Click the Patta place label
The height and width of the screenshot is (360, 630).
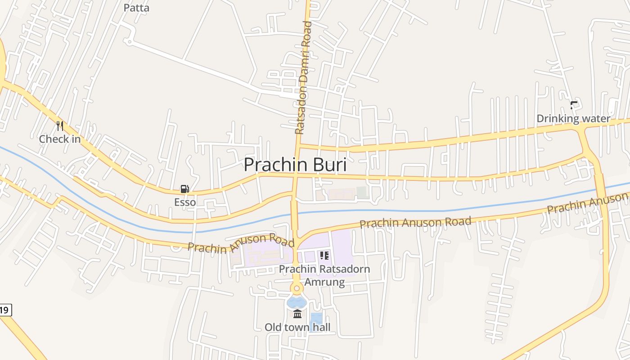[136, 8]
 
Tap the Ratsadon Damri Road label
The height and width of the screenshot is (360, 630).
[303, 77]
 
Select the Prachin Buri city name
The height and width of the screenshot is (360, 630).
[295, 165]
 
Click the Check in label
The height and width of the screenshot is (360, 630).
[60, 139]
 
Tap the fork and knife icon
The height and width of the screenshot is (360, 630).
[60, 126]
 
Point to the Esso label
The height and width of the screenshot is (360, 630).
[185, 202]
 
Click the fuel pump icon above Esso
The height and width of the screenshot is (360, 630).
[184, 189]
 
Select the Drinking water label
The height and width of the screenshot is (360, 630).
[573, 119]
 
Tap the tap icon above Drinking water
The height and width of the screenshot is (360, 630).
[574, 106]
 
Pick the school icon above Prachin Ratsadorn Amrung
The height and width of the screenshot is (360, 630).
[324, 256]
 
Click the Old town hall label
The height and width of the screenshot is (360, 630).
[297, 327]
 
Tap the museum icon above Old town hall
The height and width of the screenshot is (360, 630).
[297, 314]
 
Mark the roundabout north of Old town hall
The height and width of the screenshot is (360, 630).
[296, 288]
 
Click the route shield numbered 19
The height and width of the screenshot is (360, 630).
[4, 310]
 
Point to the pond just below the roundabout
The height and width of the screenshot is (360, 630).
[296, 302]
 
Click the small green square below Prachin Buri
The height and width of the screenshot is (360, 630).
[362, 193]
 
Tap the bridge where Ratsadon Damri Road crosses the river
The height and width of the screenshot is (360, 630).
[294, 211]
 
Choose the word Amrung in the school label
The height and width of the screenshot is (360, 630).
[324, 282]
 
